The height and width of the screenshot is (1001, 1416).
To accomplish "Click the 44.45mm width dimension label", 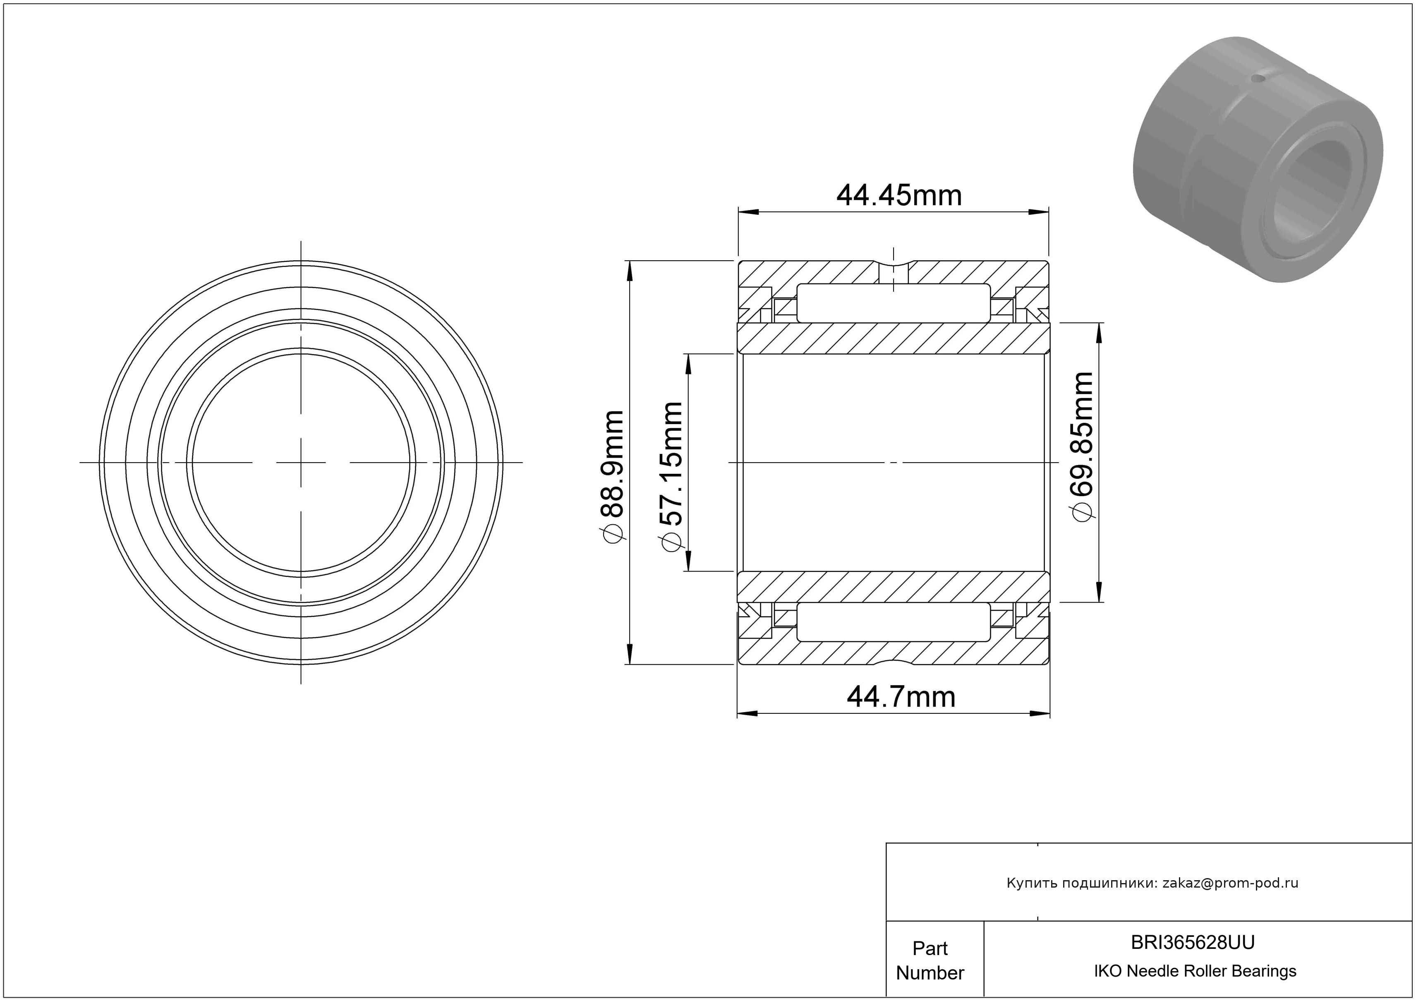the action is [898, 195].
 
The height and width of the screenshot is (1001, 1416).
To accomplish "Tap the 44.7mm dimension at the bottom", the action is [901, 697].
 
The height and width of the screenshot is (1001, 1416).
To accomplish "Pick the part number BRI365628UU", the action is [1193, 942].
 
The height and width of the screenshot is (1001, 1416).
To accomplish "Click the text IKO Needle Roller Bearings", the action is [1195, 971].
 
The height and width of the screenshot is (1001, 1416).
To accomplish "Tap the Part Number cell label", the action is [930, 960].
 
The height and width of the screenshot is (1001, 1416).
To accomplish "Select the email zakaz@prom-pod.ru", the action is [1230, 883].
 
